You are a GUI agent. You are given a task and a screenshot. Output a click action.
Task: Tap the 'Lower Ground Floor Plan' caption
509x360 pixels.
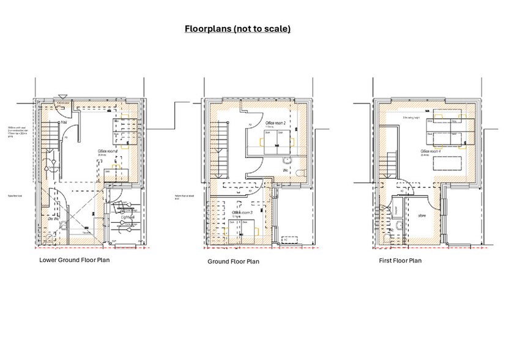[74, 259]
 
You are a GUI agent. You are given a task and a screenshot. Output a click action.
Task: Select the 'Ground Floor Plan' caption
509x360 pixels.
[233, 261]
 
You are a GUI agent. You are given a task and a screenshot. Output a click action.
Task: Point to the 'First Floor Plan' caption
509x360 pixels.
[399, 260]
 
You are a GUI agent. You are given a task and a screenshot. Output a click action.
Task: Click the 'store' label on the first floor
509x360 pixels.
[423, 216]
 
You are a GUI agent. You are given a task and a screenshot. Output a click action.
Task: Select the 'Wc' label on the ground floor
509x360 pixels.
[285, 170]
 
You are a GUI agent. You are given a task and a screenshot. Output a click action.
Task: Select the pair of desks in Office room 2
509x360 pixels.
[275, 137]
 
